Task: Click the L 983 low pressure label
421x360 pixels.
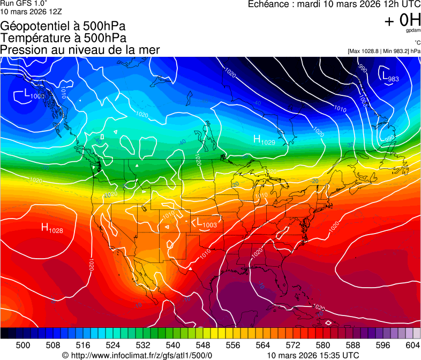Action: (x=390, y=77)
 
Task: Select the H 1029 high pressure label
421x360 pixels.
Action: (x=264, y=140)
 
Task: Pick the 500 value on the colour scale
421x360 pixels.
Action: (x=23, y=344)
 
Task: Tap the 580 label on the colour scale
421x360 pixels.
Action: (x=323, y=344)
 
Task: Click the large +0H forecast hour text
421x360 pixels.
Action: (x=402, y=20)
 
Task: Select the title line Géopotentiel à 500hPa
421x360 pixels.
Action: (x=63, y=26)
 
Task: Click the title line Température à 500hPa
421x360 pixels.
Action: (x=63, y=38)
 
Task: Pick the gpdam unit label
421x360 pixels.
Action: (x=413, y=31)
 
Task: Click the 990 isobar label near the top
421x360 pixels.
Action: (x=363, y=68)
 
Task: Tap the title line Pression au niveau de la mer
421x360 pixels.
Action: (x=80, y=50)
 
